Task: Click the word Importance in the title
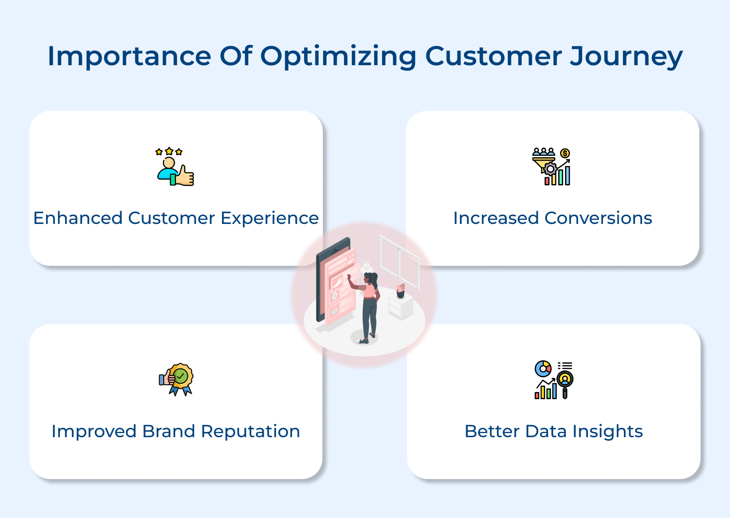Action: point(129,56)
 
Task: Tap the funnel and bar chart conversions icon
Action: point(551,167)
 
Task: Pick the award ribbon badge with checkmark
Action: point(178,379)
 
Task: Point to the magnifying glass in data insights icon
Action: point(565,381)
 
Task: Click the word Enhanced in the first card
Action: point(78,218)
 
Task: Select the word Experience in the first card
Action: point(270,218)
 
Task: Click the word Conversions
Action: point(598,218)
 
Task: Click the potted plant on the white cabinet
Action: point(401,291)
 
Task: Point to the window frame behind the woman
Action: point(399,260)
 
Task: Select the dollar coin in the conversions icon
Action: point(565,153)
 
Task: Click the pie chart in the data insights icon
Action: point(543,369)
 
